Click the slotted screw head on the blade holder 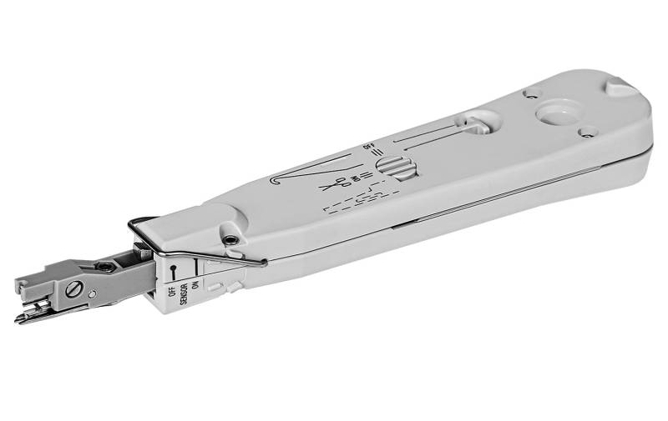pyautogui.click(x=73, y=288)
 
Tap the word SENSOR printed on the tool pyautogui.click(x=184, y=294)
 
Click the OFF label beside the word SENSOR pyautogui.click(x=172, y=292)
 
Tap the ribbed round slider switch pyautogui.click(x=397, y=166)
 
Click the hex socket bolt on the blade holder pyautogui.click(x=105, y=267)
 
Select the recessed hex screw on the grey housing pyautogui.click(x=230, y=240)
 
